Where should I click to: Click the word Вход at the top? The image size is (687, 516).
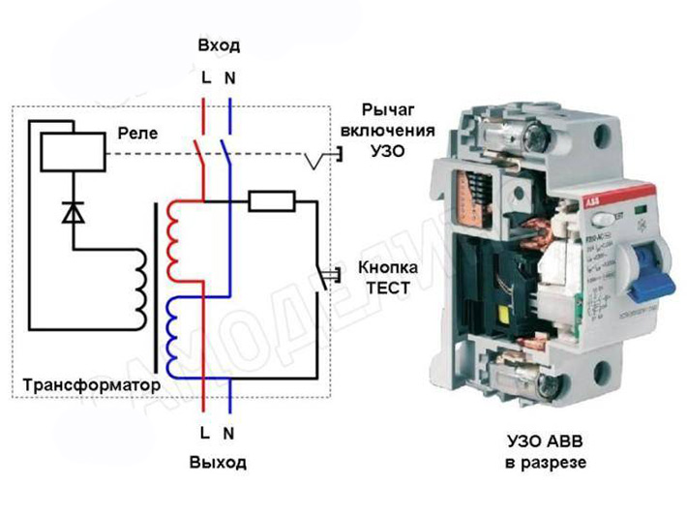(218, 46)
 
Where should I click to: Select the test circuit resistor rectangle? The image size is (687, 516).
(272, 201)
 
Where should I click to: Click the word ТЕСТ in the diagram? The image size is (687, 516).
(385, 288)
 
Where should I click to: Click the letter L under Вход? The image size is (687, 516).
(205, 77)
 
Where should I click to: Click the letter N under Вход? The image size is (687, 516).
(229, 77)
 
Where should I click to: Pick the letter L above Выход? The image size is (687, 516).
(205, 432)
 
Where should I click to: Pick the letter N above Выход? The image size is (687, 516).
(229, 432)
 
